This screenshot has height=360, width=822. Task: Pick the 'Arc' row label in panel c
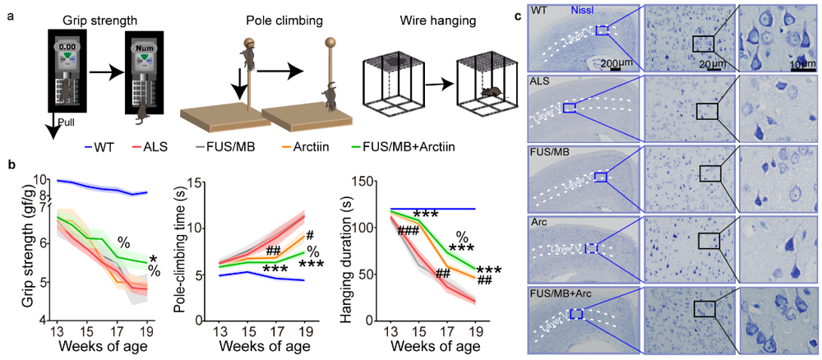pyautogui.click(x=540, y=220)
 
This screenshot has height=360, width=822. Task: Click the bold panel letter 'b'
pyautogui.click(x=12, y=164)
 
